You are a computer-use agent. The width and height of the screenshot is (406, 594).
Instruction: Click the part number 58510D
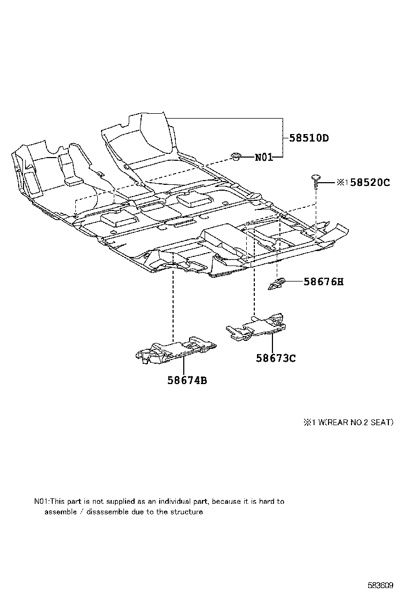309,138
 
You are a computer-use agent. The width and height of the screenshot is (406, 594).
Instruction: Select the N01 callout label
264,157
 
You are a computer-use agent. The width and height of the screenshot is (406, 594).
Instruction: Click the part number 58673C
275,358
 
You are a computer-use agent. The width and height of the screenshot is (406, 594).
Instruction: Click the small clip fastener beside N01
236,156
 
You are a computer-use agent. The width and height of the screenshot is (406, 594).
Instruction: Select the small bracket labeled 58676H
277,284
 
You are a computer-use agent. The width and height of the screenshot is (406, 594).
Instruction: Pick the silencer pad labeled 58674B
175,351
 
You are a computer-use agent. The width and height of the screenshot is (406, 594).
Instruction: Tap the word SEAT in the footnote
380,422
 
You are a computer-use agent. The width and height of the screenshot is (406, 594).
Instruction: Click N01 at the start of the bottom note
41,502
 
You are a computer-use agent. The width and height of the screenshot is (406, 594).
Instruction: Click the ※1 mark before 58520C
342,182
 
